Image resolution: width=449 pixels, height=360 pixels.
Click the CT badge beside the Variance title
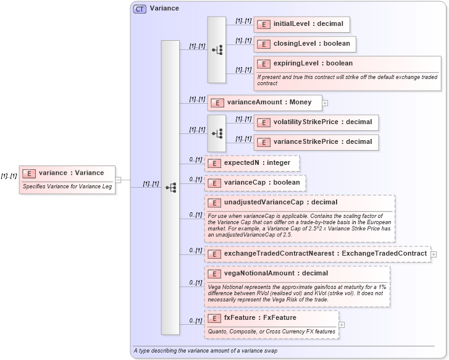[x=140, y=9]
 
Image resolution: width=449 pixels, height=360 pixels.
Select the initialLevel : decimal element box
[x=302, y=24]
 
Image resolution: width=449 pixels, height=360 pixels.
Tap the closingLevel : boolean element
[x=304, y=44]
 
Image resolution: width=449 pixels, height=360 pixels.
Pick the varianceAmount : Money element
[x=264, y=102]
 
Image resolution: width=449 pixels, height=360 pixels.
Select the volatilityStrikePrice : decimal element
[x=316, y=122]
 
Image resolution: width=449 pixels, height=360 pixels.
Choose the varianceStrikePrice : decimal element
[x=316, y=142]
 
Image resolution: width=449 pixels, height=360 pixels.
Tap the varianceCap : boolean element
[x=255, y=183]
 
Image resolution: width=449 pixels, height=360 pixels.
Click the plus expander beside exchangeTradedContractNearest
[x=434, y=254]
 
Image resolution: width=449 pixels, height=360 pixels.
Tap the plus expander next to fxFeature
[x=342, y=325]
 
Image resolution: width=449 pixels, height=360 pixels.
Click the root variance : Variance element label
[x=70, y=173]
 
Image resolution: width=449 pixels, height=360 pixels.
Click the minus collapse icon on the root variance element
[x=125, y=180]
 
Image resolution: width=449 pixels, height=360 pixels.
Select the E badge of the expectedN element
[x=215, y=163]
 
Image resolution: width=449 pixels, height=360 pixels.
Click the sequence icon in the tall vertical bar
[x=170, y=186]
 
